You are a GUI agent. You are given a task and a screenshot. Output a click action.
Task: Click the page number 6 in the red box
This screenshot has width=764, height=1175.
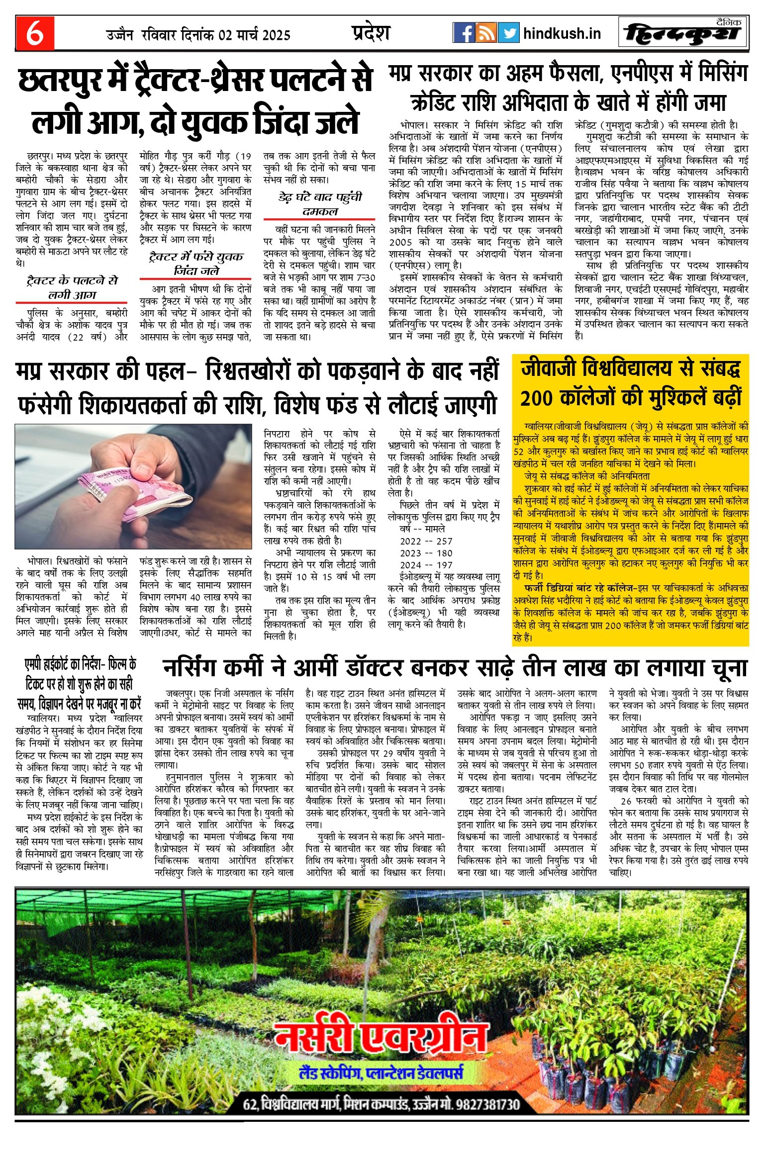pos(35,34)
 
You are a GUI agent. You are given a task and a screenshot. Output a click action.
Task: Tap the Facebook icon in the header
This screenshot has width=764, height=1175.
pos(464,33)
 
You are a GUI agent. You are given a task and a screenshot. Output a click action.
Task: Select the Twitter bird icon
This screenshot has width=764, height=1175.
pos(508,33)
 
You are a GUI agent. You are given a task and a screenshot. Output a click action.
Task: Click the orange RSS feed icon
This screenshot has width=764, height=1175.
pos(486,33)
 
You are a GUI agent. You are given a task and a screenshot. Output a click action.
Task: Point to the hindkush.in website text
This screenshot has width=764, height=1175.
pos(562,34)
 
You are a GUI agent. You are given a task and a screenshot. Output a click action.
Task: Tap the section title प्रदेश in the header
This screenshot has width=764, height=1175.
pos(371,33)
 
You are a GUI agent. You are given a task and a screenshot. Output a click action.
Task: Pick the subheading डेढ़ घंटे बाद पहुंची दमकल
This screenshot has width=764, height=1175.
pos(319,204)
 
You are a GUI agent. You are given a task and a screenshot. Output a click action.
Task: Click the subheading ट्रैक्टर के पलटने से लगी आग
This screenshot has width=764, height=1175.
pos(72,288)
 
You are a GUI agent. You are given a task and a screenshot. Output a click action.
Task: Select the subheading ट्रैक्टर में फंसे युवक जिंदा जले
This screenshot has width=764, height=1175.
pos(196,264)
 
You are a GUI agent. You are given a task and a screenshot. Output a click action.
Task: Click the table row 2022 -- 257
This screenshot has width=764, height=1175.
pos(426,541)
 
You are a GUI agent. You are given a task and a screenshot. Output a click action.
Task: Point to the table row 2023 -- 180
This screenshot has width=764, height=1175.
pos(426,553)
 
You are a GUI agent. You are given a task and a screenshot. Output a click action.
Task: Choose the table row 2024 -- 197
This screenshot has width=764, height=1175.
pos(426,565)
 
